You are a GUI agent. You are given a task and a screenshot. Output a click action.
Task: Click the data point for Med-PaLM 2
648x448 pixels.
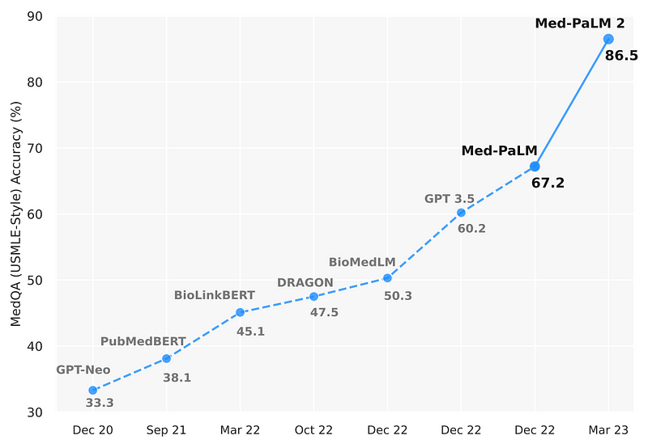point(608,39)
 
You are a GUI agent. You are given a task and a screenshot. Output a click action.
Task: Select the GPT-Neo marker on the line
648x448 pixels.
point(93,390)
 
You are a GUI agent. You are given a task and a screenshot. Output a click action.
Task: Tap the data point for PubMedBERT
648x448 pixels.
point(167,358)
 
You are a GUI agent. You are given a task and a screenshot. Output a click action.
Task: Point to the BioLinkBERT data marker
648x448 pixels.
point(241,312)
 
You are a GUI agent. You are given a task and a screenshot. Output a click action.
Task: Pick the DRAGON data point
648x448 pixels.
point(313,296)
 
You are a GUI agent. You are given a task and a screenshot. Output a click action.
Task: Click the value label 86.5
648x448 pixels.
point(621,56)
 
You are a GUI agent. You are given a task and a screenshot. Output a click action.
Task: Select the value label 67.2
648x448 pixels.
point(548,184)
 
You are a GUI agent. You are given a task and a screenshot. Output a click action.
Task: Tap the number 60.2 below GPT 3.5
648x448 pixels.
point(471,229)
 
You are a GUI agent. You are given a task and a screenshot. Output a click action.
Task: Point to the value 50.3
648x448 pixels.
point(398,296)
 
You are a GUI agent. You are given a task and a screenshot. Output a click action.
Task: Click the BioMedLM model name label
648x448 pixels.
point(361,262)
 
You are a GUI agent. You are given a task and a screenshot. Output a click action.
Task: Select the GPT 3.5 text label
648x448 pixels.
point(450,198)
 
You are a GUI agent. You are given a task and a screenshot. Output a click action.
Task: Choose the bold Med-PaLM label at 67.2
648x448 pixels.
point(500,151)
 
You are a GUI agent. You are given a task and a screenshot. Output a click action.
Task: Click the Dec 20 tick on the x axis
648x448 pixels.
point(93,430)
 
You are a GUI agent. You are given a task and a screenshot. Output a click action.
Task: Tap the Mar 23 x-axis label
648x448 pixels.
point(608,430)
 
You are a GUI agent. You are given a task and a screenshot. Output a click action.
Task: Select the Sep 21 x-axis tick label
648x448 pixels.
point(167,430)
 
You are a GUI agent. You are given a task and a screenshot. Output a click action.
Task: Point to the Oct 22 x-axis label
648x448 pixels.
point(313,430)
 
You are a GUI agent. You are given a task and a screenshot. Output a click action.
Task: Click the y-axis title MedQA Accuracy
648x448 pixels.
point(15,214)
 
